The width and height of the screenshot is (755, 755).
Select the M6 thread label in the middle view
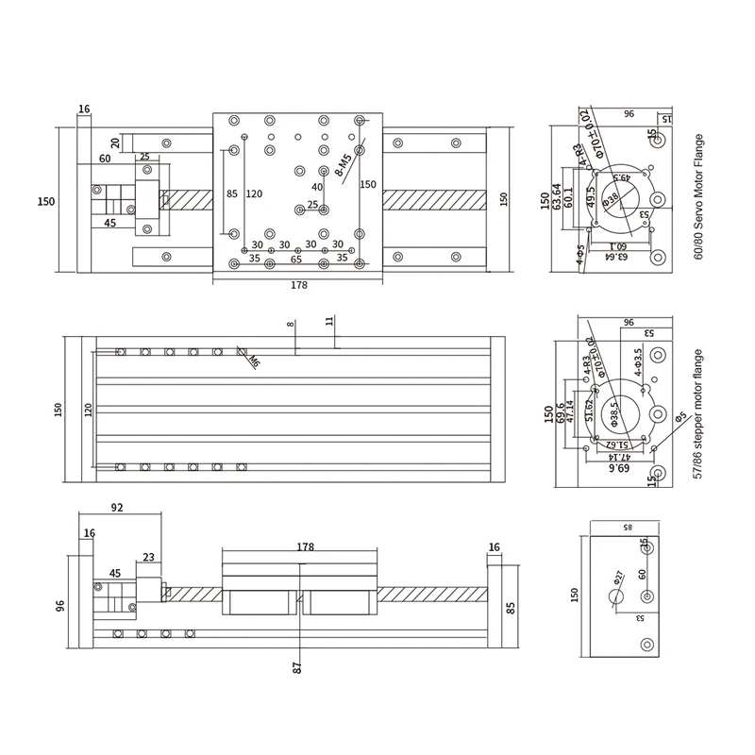pos(254,360)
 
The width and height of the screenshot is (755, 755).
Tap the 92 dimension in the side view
pos(117,507)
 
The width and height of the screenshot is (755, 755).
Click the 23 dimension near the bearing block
pos(149,558)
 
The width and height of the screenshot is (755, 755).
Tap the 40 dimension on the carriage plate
pos(317,187)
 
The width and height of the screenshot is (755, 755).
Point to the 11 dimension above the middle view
pos(329,321)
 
